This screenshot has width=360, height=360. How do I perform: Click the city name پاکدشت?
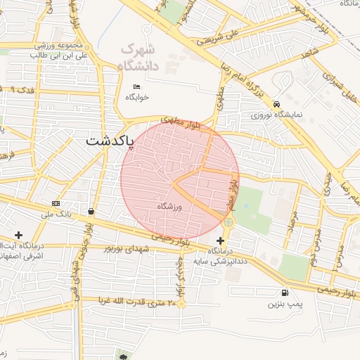(x=110, y=141)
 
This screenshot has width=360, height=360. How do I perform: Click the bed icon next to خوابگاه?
(x=136, y=86)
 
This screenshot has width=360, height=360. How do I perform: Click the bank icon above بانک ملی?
(x=56, y=203)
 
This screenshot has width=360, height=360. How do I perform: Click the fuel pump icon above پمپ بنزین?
(x=284, y=293)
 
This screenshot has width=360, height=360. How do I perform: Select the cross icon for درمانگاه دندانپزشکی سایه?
(x=220, y=240)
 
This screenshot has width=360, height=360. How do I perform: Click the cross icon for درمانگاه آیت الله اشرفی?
(x=18, y=235)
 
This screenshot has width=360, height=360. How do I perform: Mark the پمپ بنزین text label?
(x=284, y=305)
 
